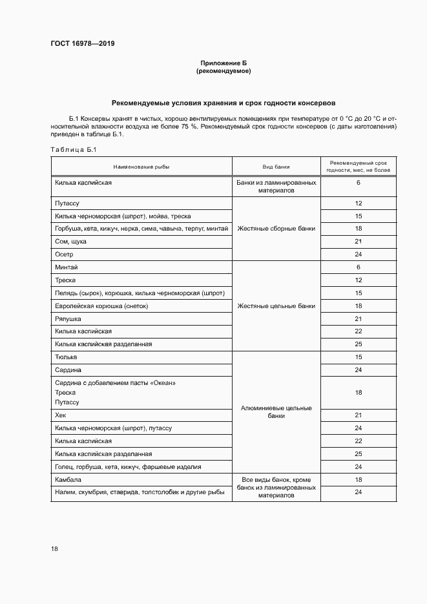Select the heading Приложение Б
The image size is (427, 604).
tap(224, 63)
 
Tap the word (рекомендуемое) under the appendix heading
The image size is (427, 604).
tap(224, 71)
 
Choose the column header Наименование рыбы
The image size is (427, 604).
tap(141, 167)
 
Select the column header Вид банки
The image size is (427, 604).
tap(276, 167)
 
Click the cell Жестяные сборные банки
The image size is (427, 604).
tap(276, 229)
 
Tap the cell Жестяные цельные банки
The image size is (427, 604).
tap(276, 306)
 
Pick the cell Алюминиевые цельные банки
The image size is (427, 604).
tap(276, 411)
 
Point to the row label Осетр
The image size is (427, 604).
tap(65, 255)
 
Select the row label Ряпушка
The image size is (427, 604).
tap(68, 318)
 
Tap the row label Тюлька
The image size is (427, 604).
tap(67, 357)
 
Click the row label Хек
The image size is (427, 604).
tap(61, 415)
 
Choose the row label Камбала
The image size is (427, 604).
tap(68, 479)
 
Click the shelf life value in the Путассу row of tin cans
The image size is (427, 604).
tap(358, 203)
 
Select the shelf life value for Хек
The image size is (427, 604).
tap(358, 415)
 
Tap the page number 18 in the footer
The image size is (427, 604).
tap(54, 548)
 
